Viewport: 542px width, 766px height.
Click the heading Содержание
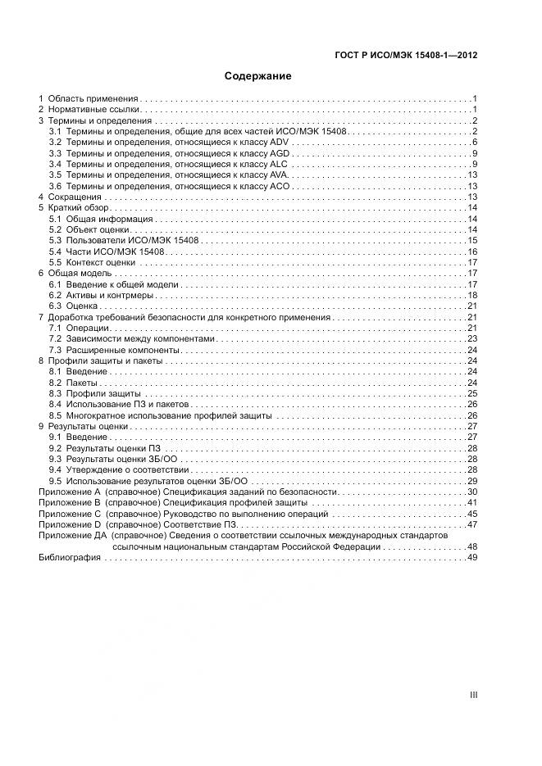pyautogui.click(x=258, y=76)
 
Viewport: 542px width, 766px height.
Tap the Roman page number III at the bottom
pyautogui.click(x=473, y=695)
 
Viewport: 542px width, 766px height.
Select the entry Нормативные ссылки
pyautogui.click(x=93, y=109)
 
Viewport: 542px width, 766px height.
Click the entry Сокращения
pyautogui.click(x=75, y=197)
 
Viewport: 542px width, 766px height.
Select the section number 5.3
pyautogui.click(x=55, y=241)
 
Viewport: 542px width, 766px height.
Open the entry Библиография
pyautogui.click(x=70, y=558)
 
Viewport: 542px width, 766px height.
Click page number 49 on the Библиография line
pyautogui.click(x=472, y=558)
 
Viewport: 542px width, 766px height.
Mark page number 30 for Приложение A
pyautogui.click(x=472, y=492)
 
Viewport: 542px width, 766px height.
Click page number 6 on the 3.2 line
pyautogui.click(x=475, y=143)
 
